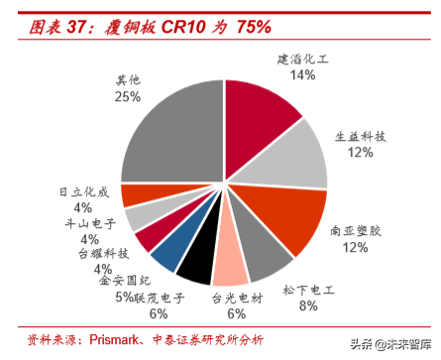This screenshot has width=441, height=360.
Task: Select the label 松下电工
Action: [307, 292]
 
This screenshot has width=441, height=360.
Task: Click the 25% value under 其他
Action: [127, 96]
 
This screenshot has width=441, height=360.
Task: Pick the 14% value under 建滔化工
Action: [302, 75]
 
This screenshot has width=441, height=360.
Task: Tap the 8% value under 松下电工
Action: [307, 307]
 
